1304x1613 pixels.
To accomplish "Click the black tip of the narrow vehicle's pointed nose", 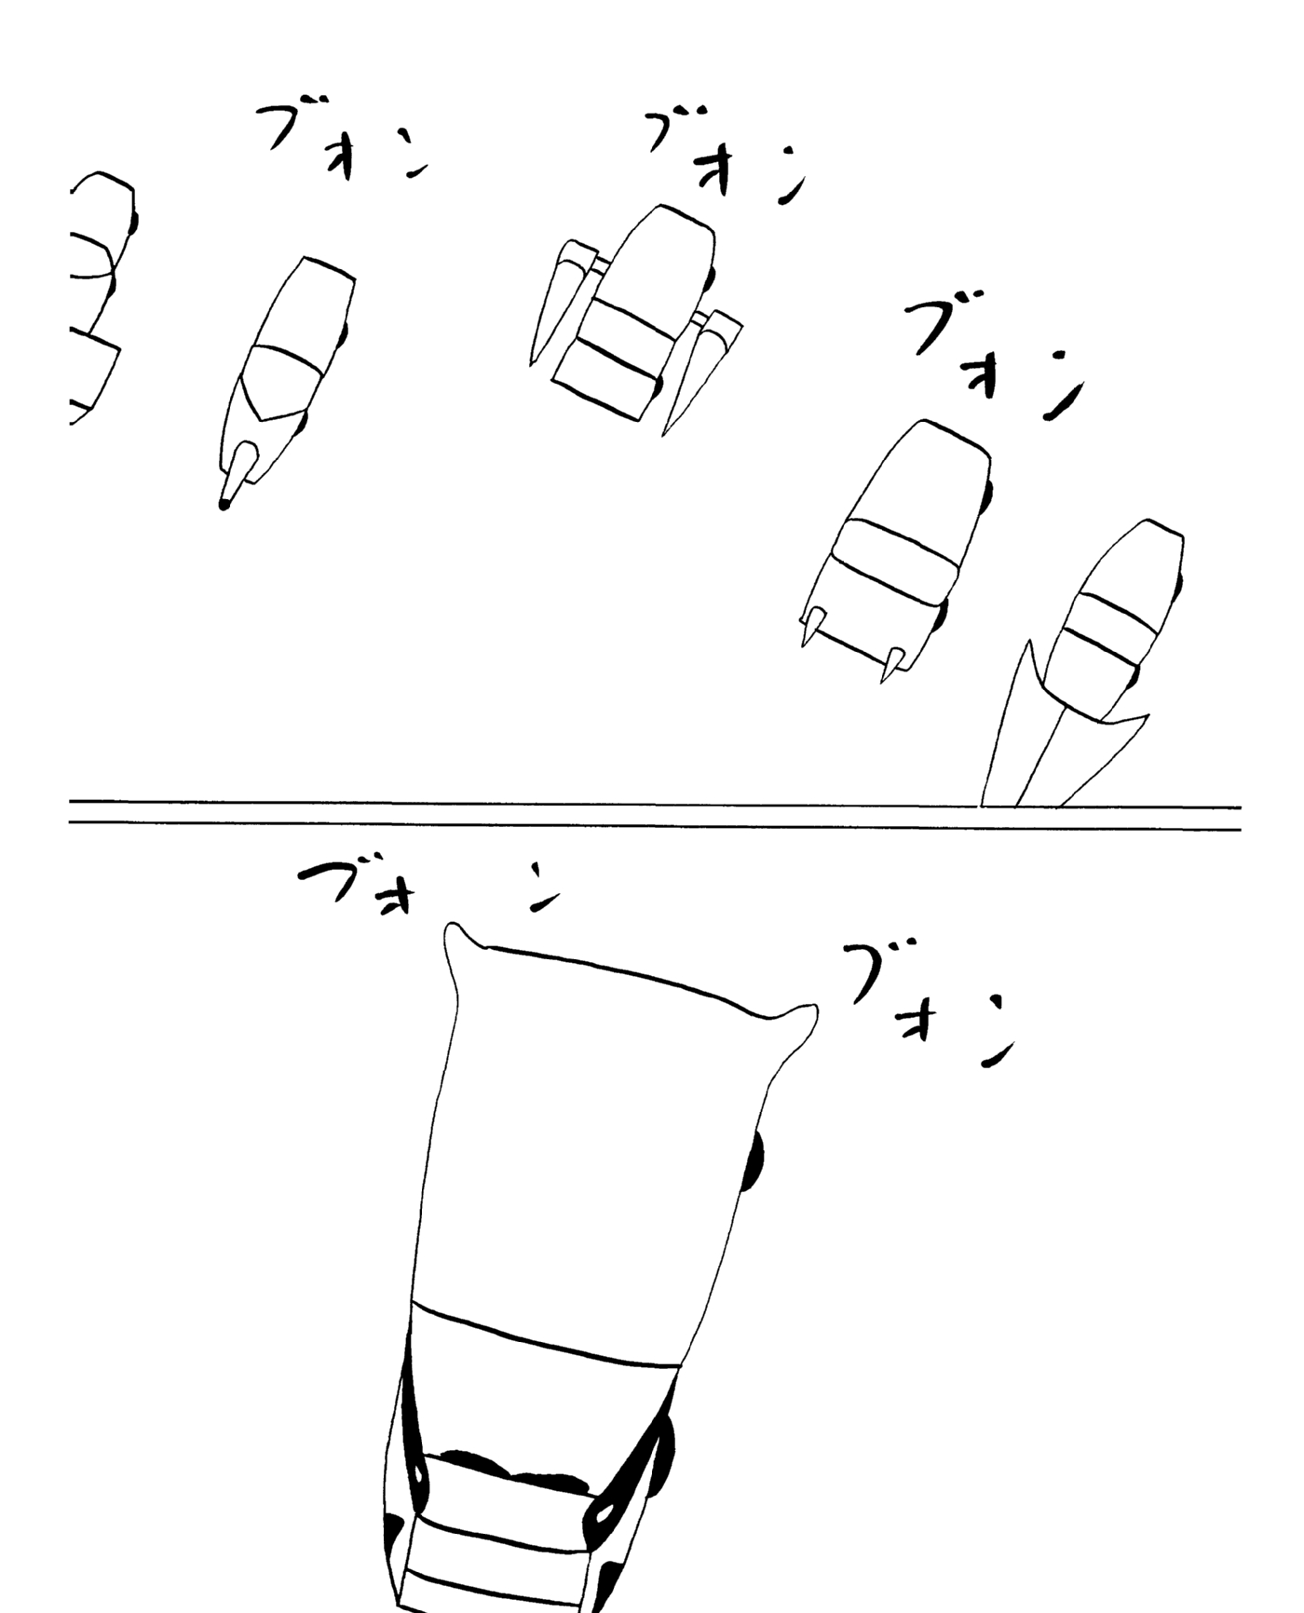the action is (x=224, y=504).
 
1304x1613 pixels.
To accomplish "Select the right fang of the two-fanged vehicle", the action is (x=891, y=662).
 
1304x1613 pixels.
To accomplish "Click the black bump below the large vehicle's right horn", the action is (x=754, y=1161).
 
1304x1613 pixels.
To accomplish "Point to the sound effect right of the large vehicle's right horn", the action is (x=927, y=1006).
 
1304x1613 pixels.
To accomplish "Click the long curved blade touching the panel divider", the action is (x=1011, y=726).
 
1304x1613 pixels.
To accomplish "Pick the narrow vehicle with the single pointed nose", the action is (x=284, y=382).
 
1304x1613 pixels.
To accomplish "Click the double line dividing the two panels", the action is (x=655, y=814).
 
